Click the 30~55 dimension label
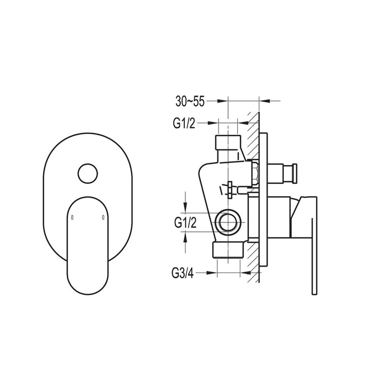(x=190, y=100)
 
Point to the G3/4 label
(x=184, y=273)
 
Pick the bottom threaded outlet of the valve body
(x=229, y=250)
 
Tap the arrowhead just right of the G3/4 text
(x=212, y=273)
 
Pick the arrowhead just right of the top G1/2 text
(x=213, y=123)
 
